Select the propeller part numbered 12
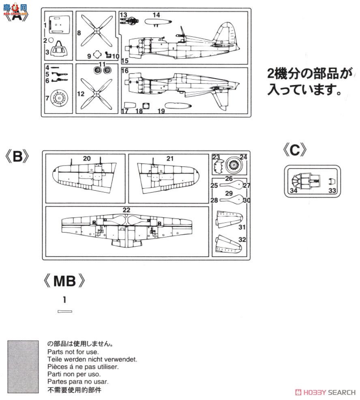[x=96, y=94]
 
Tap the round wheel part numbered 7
[x=59, y=99]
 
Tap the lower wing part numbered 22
[x=126, y=229]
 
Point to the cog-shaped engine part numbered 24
[x=235, y=165]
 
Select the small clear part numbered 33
[x=331, y=181]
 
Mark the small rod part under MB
[x=65, y=312]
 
